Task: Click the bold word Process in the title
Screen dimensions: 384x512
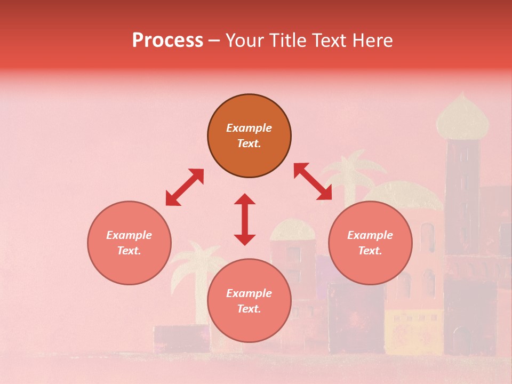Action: click(167, 41)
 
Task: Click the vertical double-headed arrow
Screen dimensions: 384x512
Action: click(245, 219)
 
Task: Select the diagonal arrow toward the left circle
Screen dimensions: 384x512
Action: click(185, 187)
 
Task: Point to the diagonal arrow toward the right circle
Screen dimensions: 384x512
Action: click(313, 181)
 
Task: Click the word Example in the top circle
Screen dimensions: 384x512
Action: click(249, 128)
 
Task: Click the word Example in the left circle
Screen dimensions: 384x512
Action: click(129, 235)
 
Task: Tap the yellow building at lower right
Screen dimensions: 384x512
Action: click(413, 331)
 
